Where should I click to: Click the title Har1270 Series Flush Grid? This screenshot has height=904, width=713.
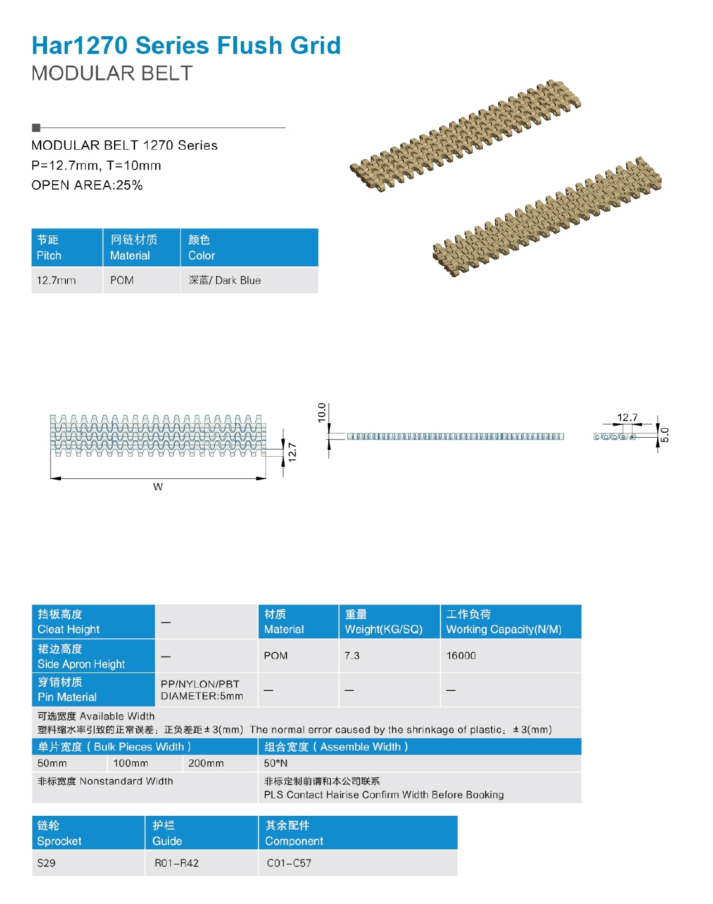coord(186,46)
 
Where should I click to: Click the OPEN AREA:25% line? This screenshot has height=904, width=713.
coord(87,185)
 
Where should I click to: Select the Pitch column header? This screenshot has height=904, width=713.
coord(67,247)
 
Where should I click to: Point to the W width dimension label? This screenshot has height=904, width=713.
coord(158,487)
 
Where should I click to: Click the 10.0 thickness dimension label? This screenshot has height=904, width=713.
coord(322,412)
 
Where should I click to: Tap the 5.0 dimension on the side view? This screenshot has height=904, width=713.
coord(664,435)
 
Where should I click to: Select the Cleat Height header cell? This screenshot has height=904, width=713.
coord(93,622)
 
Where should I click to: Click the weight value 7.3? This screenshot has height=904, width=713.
coord(352,655)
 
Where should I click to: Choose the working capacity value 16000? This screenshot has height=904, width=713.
coord(461,655)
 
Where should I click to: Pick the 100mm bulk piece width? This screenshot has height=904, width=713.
coord(131,763)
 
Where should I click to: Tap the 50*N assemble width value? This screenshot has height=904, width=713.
coord(276,763)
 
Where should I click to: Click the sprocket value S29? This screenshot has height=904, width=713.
coord(46,863)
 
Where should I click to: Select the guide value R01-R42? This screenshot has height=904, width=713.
coord(176,863)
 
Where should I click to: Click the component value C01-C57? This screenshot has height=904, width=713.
coord(289,863)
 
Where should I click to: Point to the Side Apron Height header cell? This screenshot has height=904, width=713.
coord(93,656)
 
